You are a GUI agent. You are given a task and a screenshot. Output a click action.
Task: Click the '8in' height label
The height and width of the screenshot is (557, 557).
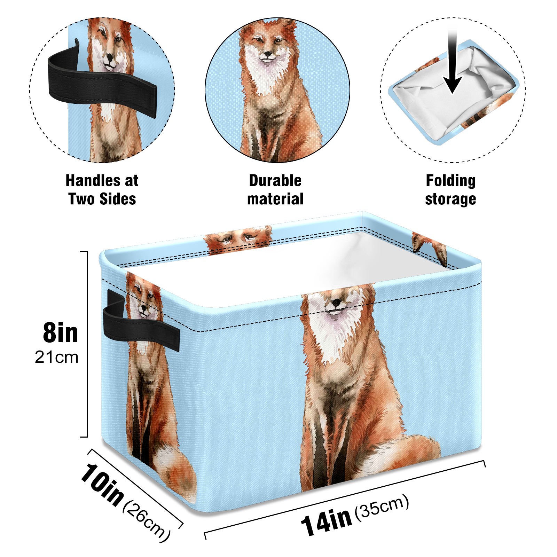[61, 333]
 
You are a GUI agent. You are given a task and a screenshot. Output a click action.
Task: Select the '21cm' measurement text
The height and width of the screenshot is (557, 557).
[56, 357]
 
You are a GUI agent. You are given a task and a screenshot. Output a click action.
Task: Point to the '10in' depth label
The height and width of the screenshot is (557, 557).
[102, 484]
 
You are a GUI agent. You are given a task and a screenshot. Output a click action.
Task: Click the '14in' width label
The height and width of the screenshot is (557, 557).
[326, 521]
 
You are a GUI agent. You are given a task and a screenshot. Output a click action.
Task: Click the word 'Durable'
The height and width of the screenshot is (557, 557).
[275, 181]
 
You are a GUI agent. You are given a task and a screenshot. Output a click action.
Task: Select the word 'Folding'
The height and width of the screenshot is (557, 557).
[451, 181]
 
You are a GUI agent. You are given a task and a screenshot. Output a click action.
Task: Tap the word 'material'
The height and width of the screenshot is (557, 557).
[275, 199]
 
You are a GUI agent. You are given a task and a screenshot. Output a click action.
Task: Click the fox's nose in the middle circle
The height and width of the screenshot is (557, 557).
[268, 54]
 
